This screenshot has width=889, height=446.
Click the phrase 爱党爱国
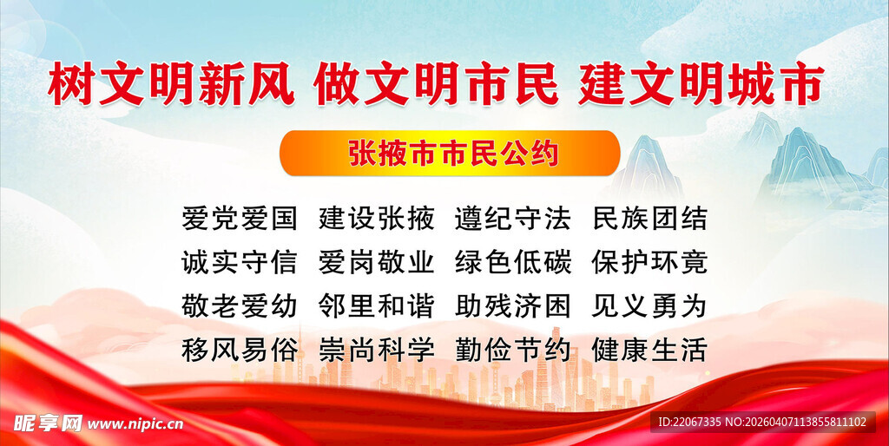pos(239,218)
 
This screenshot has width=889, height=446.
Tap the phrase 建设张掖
pos(376,218)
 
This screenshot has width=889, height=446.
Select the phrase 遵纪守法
pos(513,218)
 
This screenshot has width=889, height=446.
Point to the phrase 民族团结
pos(649,218)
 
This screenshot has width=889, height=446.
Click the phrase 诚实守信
pos(239,261)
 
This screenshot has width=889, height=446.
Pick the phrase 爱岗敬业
pos(376,261)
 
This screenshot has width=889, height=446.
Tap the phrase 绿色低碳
pos(513,261)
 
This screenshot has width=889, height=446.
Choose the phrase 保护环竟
pos(649,261)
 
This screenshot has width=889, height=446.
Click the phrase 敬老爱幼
pos(239,305)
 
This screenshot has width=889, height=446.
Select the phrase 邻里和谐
pos(376,305)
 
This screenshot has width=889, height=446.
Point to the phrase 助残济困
pos(513,305)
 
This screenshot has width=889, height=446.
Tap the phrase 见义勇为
pos(649,305)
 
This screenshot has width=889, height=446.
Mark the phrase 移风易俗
pos(239,350)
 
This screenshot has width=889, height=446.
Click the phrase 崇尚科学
pos(376,350)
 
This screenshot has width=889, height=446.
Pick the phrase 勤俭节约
pos(513,350)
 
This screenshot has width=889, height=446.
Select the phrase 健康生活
pos(649,350)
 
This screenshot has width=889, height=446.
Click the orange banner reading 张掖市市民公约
pos(450,154)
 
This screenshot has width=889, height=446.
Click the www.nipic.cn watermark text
pos(135,424)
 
